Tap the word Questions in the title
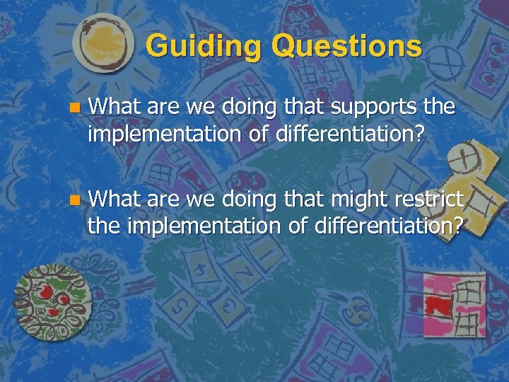(x=346, y=47)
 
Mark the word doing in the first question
(x=242, y=108)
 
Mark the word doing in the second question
(x=242, y=199)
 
